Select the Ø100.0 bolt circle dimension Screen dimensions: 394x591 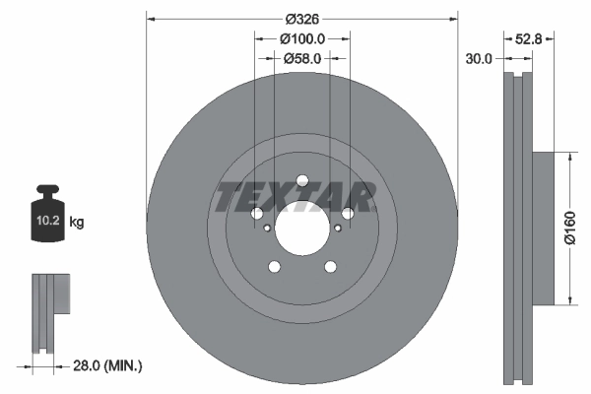[301, 39]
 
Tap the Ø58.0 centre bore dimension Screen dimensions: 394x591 [301, 59]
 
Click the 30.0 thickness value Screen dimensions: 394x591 [479, 59]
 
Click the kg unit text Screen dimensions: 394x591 [77, 223]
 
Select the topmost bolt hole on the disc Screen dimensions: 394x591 [301, 179]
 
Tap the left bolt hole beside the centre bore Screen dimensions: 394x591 [256, 214]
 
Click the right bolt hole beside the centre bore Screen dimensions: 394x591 [347, 214]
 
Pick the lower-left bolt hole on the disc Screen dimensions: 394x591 [274, 266]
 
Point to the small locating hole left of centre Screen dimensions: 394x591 [267, 228]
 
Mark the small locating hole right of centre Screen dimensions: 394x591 [337, 228]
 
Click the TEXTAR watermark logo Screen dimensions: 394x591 [295, 197]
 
